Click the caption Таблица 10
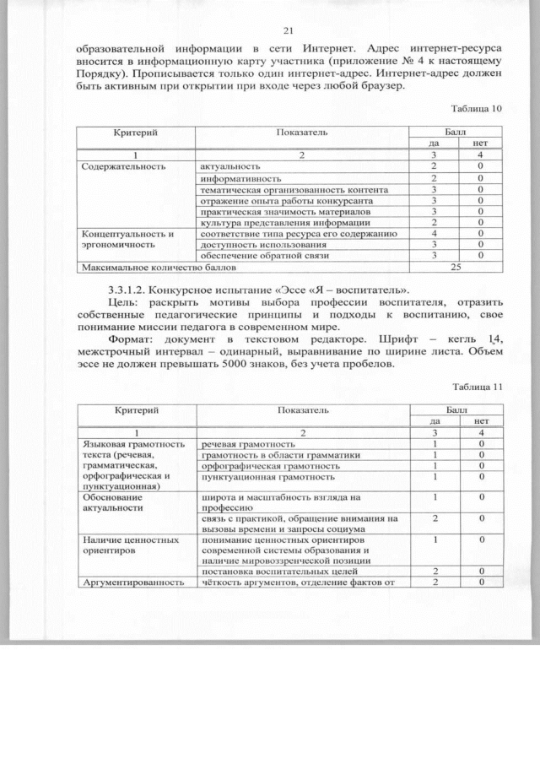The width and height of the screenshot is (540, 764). click(x=477, y=108)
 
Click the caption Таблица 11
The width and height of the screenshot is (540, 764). click(x=477, y=387)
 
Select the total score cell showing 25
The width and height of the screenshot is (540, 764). click(x=456, y=267)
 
